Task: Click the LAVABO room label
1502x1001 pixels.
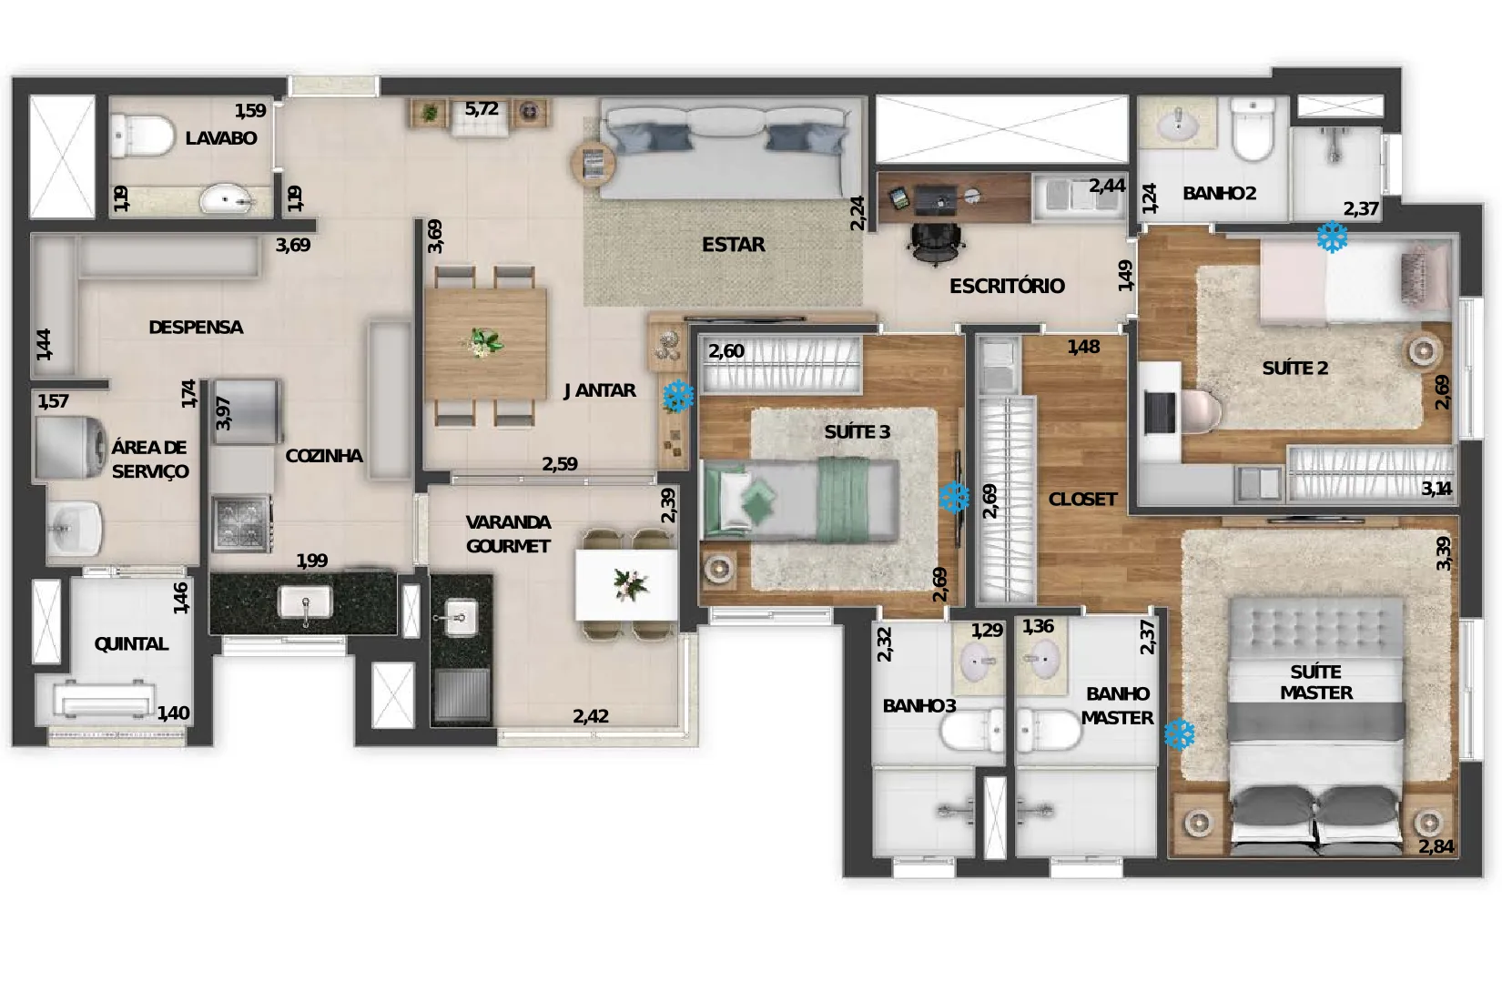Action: (220, 138)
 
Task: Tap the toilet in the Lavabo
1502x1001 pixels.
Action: (141, 135)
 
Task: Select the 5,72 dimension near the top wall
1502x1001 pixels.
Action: (482, 108)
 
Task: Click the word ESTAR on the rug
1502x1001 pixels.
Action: (733, 245)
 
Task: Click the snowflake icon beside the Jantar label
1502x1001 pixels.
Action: (678, 396)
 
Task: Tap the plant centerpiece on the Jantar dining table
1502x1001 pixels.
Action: (484, 342)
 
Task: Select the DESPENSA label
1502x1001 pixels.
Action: (196, 328)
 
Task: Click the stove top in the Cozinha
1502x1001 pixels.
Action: (242, 523)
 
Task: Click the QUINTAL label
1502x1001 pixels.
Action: (131, 644)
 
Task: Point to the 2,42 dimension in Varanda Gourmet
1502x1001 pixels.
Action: (591, 716)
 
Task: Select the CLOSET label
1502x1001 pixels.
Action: (1082, 500)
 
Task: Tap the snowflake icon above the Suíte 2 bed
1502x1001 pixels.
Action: (1332, 238)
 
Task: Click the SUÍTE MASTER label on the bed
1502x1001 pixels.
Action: (1315, 682)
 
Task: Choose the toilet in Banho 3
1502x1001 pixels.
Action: (971, 731)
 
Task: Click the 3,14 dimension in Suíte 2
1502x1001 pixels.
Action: (1436, 489)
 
